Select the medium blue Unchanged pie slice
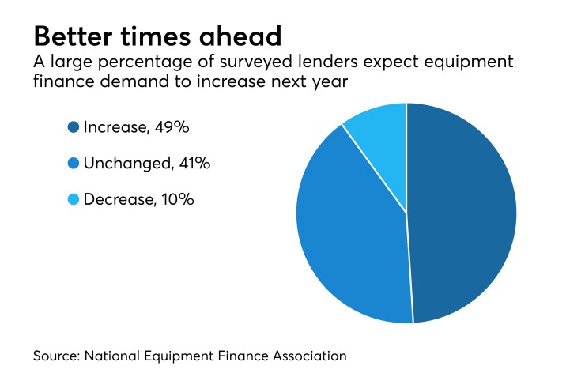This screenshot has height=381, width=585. click(x=352, y=229)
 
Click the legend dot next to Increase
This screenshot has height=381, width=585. click(x=74, y=126)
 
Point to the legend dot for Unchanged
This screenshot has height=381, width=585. click(x=74, y=163)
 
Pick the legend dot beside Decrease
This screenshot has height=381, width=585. click(x=74, y=199)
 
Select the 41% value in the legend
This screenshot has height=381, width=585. click(x=194, y=163)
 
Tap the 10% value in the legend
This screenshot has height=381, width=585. click(x=178, y=199)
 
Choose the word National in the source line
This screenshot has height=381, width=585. click(x=115, y=356)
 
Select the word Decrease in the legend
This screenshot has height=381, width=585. click(x=119, y=199)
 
